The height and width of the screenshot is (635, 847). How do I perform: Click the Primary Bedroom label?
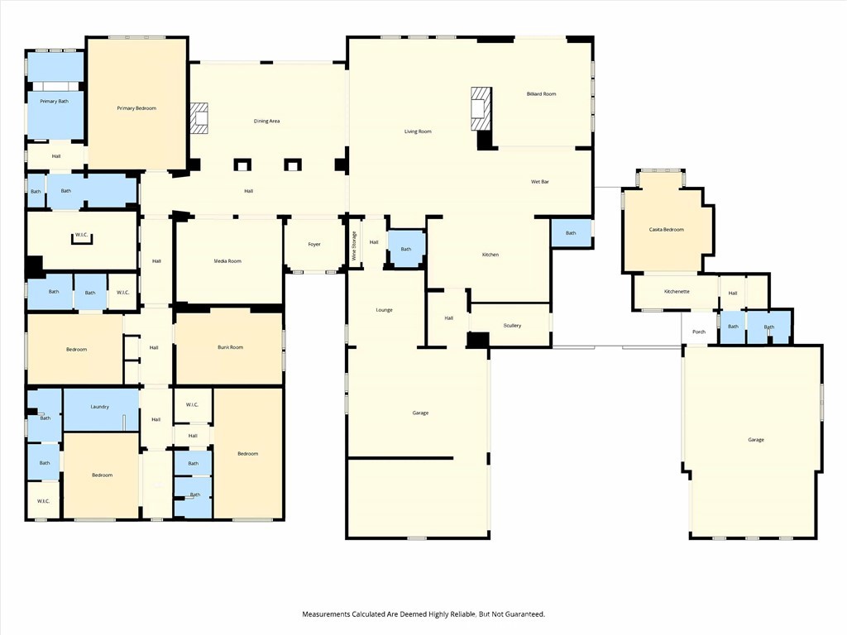click(136, 108)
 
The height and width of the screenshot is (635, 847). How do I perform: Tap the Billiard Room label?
click(541, 94)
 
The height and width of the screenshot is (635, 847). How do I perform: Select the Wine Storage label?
click(354, 246)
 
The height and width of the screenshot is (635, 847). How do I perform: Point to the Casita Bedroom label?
click(667, 230)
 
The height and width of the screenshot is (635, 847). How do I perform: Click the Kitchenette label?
click(677, 292)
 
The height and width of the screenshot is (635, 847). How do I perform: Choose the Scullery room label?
click(512, 326)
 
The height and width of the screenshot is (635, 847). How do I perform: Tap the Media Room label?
click(227, 261)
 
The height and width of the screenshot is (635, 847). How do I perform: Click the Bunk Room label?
click(231, 347)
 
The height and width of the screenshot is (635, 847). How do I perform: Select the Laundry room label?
click(100, 407)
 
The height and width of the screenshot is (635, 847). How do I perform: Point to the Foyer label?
click(314, 245)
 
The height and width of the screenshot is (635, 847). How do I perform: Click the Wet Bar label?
click(540, 182)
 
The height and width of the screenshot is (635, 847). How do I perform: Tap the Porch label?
click(699, 332)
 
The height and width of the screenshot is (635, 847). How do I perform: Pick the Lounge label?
click(384, 310)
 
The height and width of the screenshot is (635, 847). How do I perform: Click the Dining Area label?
click(267, 122)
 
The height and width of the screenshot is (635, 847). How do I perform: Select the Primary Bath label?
click(54, 102)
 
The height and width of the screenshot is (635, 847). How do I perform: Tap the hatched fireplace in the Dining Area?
click(200, 118)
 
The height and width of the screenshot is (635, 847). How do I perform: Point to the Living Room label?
click(418, 131)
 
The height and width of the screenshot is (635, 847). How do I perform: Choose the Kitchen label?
click(490, 255)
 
